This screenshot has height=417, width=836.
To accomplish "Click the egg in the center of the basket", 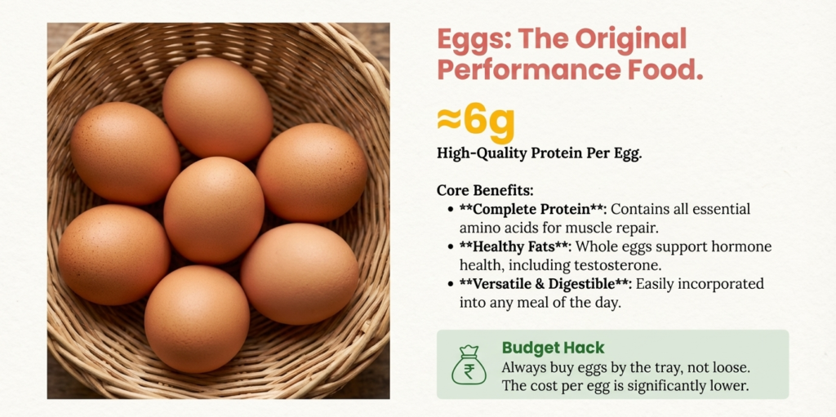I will coord(213,209).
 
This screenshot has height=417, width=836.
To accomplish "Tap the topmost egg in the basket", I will coord(217,109).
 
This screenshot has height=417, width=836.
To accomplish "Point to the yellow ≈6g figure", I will coord(476,122).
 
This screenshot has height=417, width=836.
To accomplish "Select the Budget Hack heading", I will coord(553,348).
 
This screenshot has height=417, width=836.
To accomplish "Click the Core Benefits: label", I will coord(485,190).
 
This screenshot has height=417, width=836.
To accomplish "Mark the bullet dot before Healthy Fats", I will coord(451,246).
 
